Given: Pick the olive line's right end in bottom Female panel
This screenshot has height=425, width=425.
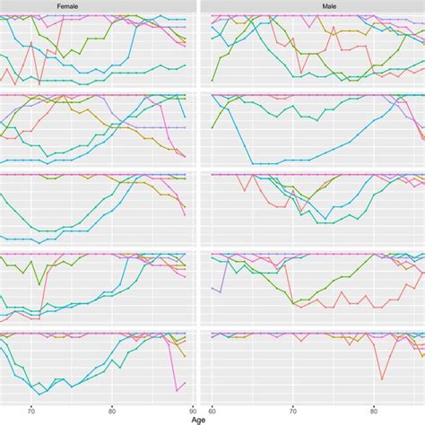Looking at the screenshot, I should pos(186,356).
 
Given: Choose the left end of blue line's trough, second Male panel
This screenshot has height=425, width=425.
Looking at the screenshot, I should pos(253,163).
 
